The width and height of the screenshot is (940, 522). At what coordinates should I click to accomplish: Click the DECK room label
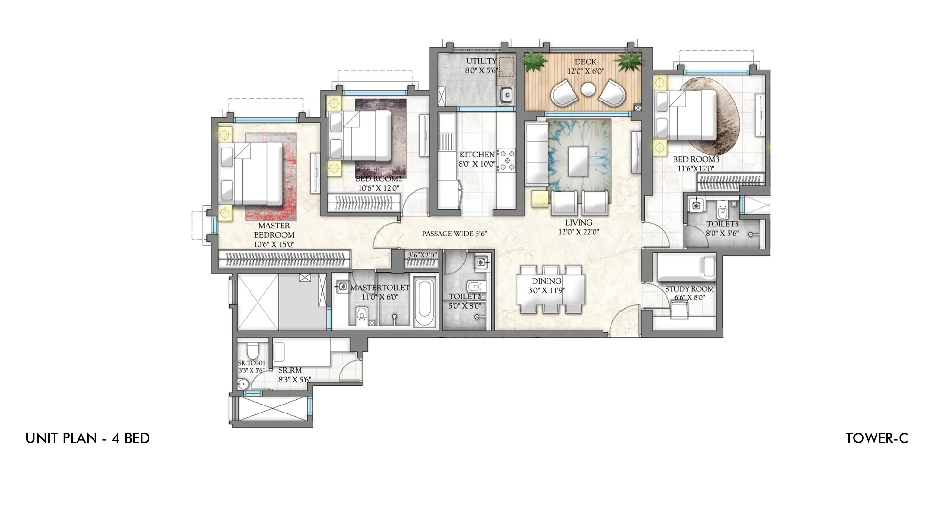[x=585, y=62]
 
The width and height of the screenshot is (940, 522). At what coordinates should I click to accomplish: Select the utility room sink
[x=506, y=95]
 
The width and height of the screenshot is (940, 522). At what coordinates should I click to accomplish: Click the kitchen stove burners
[x=506, y=160]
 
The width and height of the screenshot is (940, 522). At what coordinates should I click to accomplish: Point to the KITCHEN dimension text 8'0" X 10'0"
[x=477, y=164]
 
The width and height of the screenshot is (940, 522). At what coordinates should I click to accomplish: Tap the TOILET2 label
[x=464, y=296]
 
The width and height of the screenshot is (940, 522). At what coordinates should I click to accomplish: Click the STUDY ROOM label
[x=689, y=289]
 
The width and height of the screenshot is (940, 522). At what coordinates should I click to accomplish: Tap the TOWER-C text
[x=877, y=438]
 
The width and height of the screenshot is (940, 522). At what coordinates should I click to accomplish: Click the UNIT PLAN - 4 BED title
[x=88, y=438]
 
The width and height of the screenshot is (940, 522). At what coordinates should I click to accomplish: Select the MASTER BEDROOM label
[x=274, y=230]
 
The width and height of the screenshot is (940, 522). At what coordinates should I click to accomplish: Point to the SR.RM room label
[x=290, y=371]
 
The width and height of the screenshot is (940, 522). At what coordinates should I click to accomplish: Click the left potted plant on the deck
[x=535, y=62]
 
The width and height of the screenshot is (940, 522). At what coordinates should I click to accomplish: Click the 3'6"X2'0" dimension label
[x=422, y=255]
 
